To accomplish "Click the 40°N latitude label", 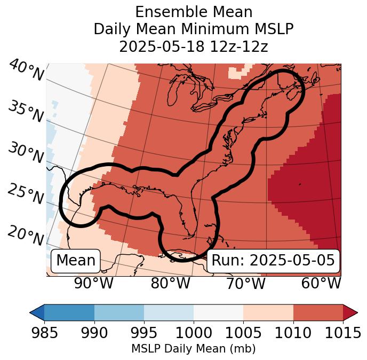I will click(26, 71).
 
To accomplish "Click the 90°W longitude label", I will click(94, 284).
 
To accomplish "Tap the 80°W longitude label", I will click(170, 284).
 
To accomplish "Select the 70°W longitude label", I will click(245, 284).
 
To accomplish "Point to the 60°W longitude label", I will click(321, 284).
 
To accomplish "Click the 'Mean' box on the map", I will click(76, 261).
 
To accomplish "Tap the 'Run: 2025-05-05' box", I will click(273, 261).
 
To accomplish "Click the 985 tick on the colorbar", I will click(44, 333).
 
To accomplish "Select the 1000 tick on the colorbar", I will click(194, 333).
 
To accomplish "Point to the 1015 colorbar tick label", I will click(343, 333).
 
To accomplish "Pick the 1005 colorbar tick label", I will click(243, 333).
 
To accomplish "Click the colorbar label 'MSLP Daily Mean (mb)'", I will click(193, 349).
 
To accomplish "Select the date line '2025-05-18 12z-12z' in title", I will click(193, 46).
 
